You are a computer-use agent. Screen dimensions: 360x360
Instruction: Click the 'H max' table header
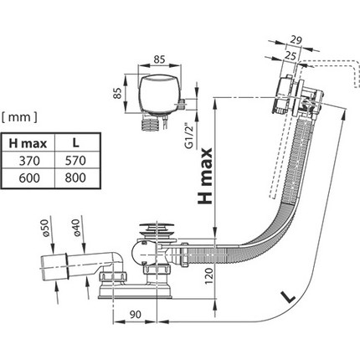click(x=28, y=143)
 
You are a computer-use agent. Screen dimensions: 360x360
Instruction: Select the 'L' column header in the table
click(x=75, y=143)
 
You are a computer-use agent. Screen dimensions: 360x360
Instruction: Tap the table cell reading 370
click(x=29, y=161)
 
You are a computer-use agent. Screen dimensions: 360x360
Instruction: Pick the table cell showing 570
click(x=75, y=161)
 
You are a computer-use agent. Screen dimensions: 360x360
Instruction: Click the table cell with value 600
click(x=29, y=177)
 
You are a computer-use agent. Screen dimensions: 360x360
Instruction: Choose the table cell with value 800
click(x=75, y=177)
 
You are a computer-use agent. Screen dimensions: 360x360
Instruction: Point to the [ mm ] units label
click(x=19, y=117)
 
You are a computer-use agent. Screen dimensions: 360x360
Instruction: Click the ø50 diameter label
click(x=45, y=228)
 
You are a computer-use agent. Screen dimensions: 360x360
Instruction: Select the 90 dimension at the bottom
click(x=135, y=315)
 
